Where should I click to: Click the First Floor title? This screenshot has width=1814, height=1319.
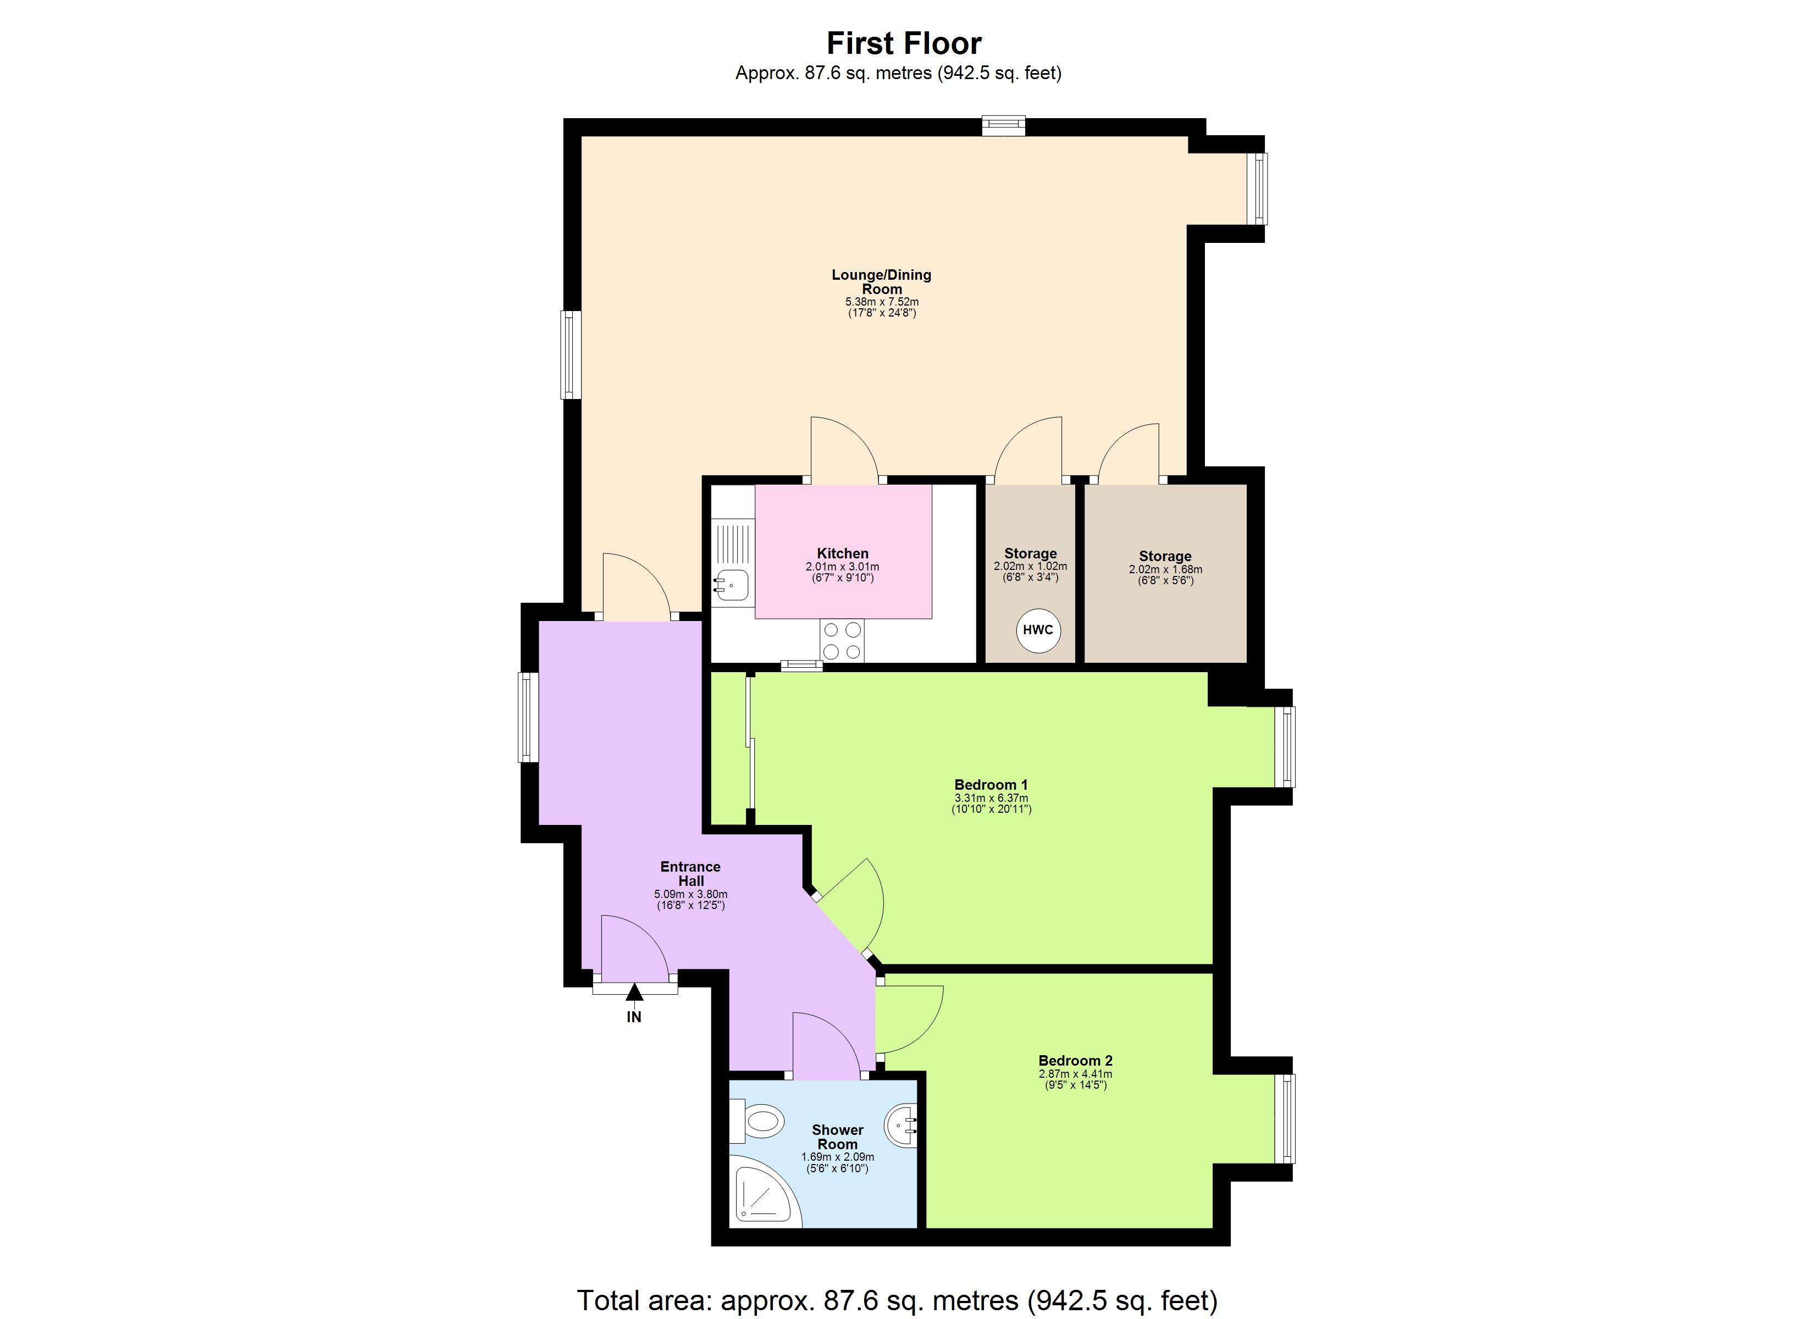904,43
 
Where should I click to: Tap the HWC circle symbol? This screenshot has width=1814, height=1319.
1037,629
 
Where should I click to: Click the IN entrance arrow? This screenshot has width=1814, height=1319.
634,994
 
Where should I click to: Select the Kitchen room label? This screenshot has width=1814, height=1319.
842,553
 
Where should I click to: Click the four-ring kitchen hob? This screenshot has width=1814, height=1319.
842,641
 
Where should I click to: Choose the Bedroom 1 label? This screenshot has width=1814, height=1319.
991,785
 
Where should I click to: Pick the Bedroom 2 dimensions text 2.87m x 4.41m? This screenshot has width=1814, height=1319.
1075,1074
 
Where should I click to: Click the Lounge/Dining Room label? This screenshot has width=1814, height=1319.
881,281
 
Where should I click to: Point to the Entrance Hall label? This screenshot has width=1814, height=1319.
690,873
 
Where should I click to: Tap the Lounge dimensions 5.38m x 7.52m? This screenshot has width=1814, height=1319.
881,302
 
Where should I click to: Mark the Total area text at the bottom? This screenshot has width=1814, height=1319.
898,1300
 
